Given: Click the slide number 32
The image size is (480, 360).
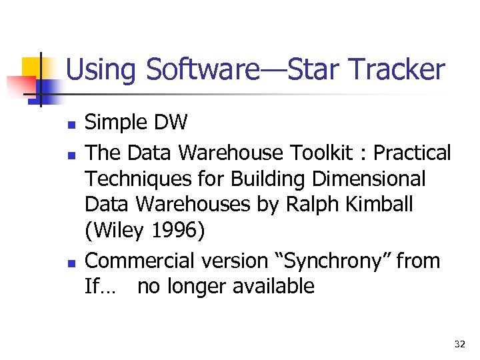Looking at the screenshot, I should coord(459,344).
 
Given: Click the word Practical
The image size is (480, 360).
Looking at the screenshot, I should coord(412,153).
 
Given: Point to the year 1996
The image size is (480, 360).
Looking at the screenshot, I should coord(174,231).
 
